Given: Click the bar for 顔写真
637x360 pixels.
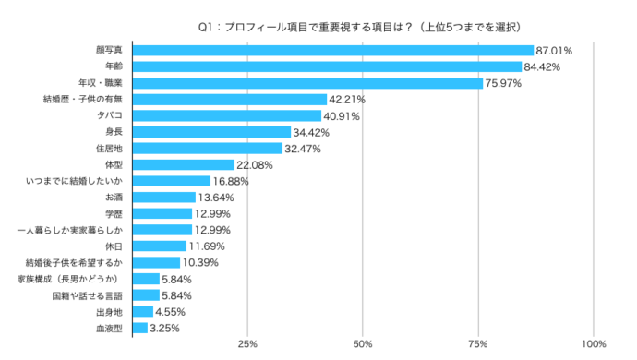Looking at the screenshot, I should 333,50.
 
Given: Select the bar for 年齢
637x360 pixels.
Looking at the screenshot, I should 328,66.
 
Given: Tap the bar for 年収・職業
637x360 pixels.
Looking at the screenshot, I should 308,83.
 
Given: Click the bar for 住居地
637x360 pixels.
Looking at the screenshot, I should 208,148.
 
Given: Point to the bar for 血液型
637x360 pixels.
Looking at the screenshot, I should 140,327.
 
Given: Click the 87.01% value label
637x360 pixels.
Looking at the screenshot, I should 555,50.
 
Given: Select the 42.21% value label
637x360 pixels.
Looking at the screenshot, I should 348,100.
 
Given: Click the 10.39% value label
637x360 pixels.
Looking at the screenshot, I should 201,262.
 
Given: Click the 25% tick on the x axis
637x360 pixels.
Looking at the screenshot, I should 247,344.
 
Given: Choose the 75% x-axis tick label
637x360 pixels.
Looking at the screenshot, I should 478,344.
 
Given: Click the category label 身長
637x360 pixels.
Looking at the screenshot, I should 114,132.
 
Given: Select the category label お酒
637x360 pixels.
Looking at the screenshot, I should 114,198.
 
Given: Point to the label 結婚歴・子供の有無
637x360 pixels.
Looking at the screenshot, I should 83,100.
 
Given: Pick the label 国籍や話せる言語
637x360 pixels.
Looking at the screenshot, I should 88,295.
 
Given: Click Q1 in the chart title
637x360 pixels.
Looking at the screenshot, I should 206,27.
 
